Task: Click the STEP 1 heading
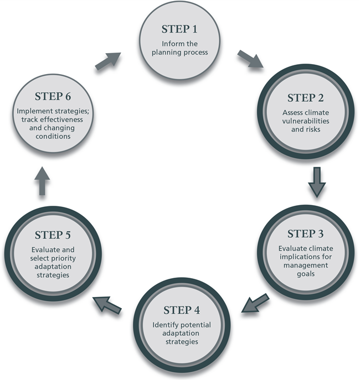(x=179, y=29)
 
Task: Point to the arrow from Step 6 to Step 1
(x=107, y=60)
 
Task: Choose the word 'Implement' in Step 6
(x=35, y=111)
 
